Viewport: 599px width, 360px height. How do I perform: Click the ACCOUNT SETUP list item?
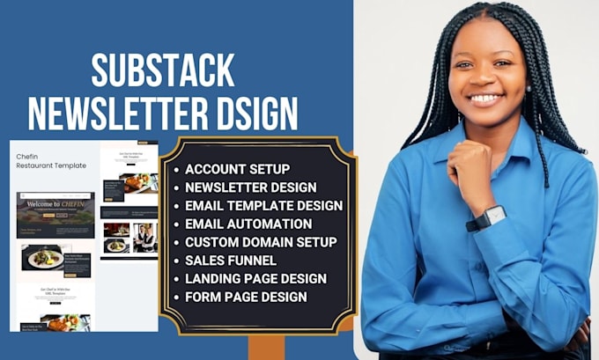237,169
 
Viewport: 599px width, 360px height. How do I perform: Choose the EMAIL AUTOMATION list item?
248,224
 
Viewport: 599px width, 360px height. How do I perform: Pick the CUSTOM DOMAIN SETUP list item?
261,241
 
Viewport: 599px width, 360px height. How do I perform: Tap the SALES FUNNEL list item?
231,260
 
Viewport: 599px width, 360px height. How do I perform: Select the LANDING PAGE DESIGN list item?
255,278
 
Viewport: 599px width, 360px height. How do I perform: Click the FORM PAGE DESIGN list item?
246,297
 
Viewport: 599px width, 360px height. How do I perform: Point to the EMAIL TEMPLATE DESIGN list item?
263,205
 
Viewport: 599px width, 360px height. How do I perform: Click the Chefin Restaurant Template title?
50,161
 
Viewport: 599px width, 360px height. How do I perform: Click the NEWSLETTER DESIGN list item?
250,187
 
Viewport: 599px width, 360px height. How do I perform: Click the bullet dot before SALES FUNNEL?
177,261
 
